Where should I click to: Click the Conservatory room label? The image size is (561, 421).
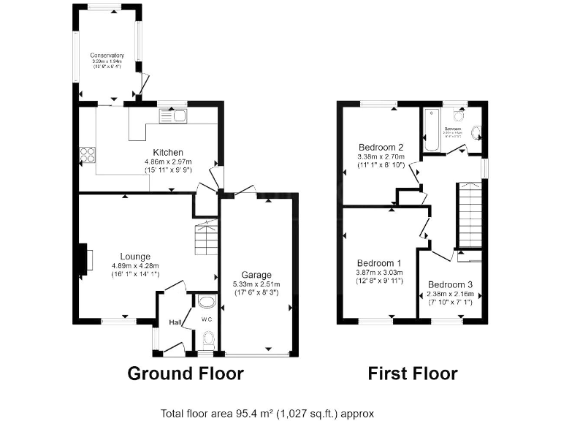(107, 56)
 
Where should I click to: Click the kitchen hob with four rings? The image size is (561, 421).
(88, 155)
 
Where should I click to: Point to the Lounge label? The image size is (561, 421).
(131, 257)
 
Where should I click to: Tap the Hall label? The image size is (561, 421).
(175, 322)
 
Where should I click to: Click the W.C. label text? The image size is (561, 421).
(207, 319)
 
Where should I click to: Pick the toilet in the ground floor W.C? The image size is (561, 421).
(207, 338)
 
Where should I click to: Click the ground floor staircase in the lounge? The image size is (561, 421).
(207, 238)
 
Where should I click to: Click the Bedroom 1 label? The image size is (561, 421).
(378, 263)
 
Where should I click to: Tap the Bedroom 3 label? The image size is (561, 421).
(450, 284)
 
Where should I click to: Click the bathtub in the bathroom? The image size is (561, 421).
(431, 130)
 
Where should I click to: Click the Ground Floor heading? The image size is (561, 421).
(186, 374)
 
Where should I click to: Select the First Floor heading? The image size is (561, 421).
(412, 374)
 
